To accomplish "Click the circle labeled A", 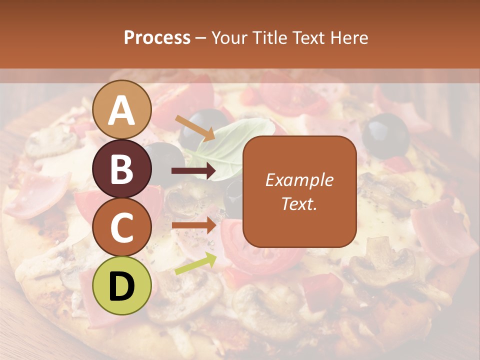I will pyautogui.click(x=122, y=109).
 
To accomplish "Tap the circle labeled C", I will pyautogui.click(x=122, y=227).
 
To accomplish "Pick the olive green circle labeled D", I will pyautogui.click(x=122, y=285).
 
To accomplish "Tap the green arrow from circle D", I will pyautogui.click(x=195, y=263).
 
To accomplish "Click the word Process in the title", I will pyautogui.click(x=157, y=37).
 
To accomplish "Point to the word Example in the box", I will pyautogui.click(x=299, y=180).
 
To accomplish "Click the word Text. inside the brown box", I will pyautogui.click(x=299, y=203).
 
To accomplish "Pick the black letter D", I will pyautogui.click(x=122, y=285).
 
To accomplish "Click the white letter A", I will pyautogui.click(x=122, y=109).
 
